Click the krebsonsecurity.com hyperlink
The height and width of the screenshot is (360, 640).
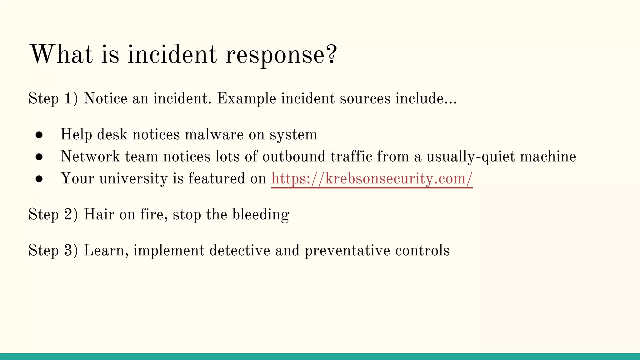[x=372, y=179]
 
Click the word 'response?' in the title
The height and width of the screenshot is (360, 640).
[x=281, y=55]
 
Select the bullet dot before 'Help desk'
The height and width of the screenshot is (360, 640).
[x=39, y=135]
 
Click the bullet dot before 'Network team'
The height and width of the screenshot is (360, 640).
[x=39, y=157]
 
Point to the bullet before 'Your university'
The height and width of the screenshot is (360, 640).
[x=39, y=179]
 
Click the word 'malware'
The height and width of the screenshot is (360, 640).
[x=214, y=135]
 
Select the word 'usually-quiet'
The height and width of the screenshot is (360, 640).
[x=471, y=157]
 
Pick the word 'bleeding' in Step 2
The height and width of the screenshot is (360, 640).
[x=261, y=215]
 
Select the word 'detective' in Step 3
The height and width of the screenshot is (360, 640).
[x=239, y=251]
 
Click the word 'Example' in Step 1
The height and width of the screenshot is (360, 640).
[x=247, y=99]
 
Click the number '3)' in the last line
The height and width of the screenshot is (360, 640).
[x=71, y=251]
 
